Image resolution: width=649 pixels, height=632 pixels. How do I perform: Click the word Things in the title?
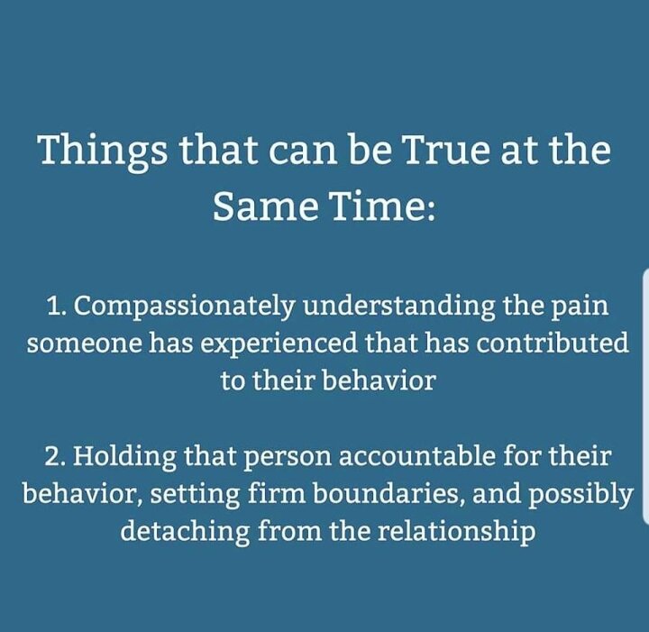click(104, 151)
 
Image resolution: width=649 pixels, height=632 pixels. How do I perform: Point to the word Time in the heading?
click(381, 206)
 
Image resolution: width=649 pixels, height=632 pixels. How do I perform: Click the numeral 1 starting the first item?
click(53, 306)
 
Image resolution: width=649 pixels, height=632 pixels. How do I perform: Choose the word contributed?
click(552, 343)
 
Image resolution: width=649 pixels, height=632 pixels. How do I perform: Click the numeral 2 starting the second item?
click(54, 456)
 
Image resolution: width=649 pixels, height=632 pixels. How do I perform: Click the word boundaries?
click(388, 494)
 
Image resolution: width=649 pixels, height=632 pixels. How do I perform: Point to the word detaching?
click(185, 531)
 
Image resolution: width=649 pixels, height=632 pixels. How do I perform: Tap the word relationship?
click(456, 531)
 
